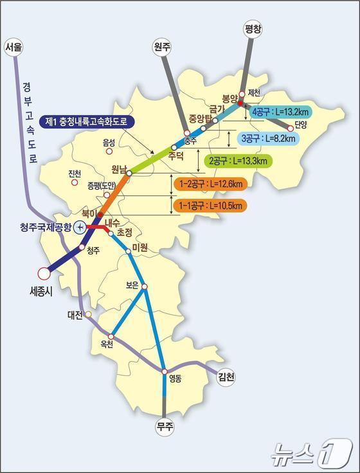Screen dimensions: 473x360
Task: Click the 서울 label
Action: pos(14,48)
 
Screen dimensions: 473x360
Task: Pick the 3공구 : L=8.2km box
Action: pos(268,138)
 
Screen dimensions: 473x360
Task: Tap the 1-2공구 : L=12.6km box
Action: pos(210,184)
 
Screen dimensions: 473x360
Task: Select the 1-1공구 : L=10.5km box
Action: pos(210,206)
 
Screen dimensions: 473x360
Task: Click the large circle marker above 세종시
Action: pos(44,273)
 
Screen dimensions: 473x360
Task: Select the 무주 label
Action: pos(165,426)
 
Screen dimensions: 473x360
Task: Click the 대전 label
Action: pos(75,315)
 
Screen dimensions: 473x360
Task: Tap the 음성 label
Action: pos(108,143)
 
